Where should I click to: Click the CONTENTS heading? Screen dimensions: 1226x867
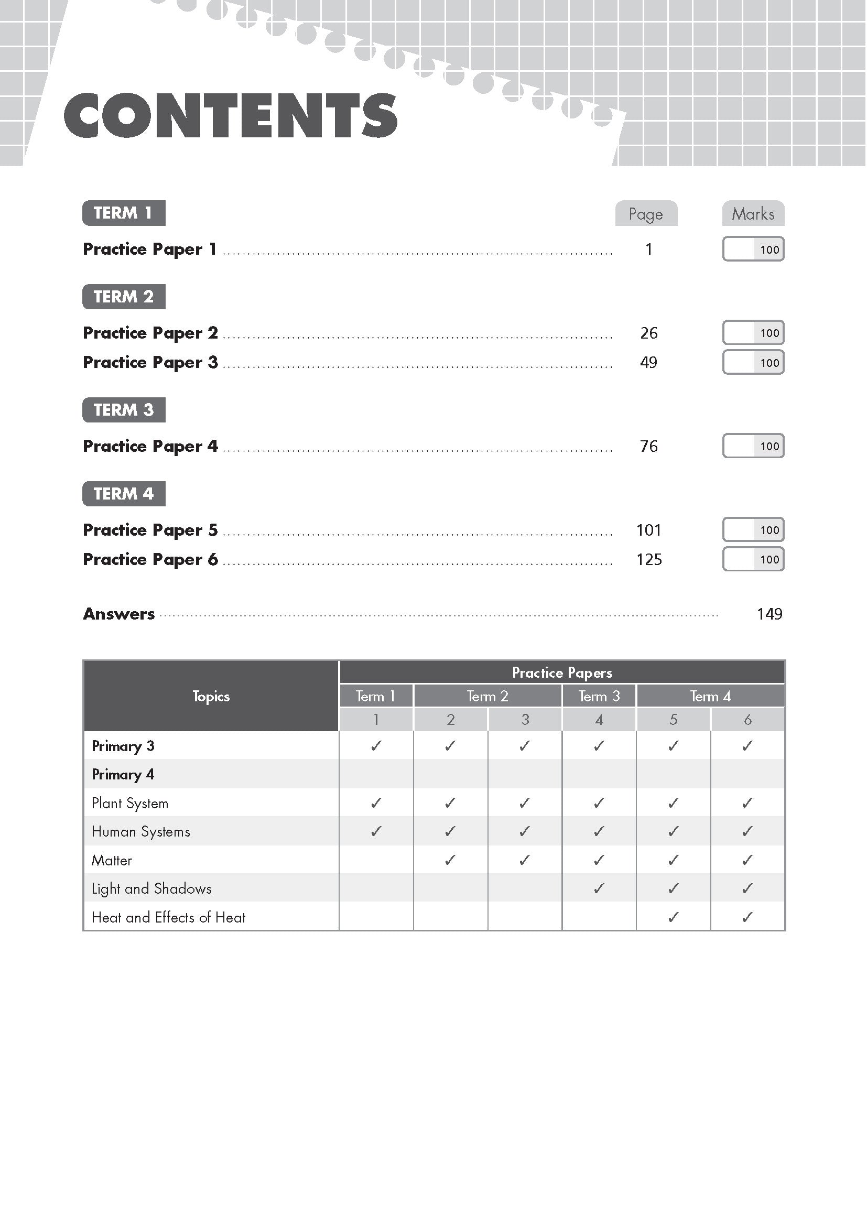coord(230,115)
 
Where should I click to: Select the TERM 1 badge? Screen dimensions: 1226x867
coord(123,213)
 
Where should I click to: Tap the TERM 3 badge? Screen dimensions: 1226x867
coord(123,410)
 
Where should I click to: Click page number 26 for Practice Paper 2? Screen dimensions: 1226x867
coord(648,333)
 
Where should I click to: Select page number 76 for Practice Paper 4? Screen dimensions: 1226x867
coord(648,447)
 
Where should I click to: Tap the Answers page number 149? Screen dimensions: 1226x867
coord(770,614)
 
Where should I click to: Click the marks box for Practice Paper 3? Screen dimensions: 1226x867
coord(753,363)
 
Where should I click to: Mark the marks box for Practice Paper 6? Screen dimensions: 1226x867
coord(753,560)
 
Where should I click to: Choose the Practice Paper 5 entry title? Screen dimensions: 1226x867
coord(150,530)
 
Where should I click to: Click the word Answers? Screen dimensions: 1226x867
coord(119,614)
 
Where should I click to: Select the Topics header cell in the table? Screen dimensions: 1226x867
coord(211,696)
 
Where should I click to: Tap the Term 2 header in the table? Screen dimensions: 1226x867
coord(487,696)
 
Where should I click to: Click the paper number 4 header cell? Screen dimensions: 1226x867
coord(599,720)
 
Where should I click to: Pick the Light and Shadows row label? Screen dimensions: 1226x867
coord(151,889)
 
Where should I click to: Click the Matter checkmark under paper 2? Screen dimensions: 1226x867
coord(450,860)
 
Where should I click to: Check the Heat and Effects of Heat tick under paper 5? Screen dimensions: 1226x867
coord(673,917)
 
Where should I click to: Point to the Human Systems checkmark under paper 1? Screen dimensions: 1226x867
coord(376,831)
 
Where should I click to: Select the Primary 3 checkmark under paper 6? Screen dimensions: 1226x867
coord(747,746)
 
